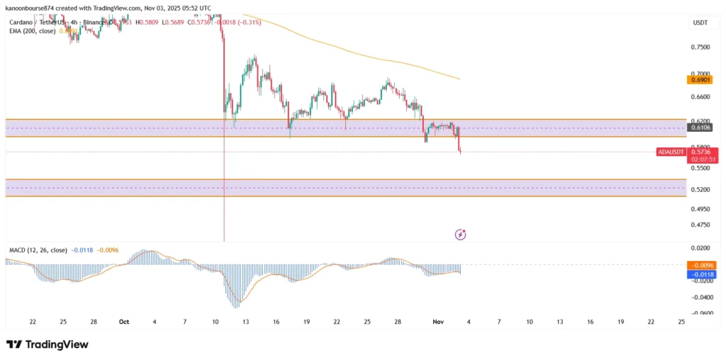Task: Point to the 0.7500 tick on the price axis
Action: [x=700, y=47]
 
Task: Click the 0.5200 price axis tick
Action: [x=700, y=190]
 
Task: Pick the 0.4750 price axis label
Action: [x=700, y=225]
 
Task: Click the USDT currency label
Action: [x=700, y=23]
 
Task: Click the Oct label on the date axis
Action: [x=124, y=322]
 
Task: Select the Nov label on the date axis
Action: [x=437, y=322]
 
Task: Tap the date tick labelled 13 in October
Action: [x=246, y=322]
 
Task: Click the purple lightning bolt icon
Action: [x=460, y=234]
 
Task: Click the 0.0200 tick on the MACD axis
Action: [x=700, y=249]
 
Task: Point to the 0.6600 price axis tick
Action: [x=700, y=97]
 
